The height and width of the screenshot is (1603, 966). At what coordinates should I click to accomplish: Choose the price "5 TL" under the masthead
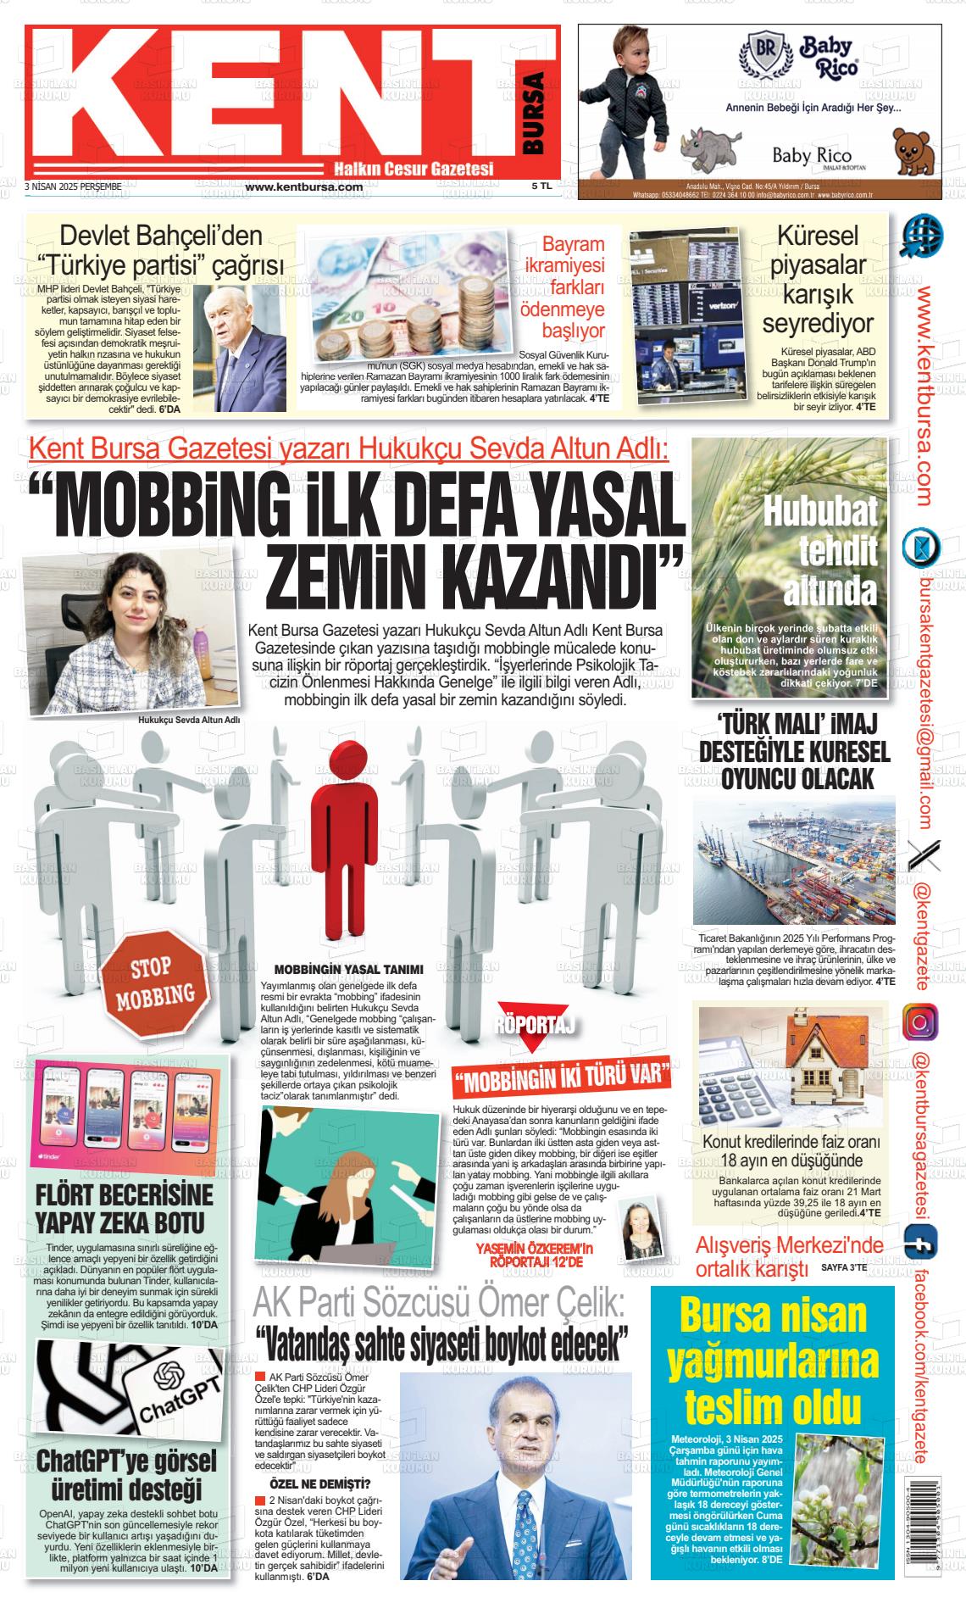click(541, 186)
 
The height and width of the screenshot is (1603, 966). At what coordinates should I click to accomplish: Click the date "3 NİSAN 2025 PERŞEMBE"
click(75, 186)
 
